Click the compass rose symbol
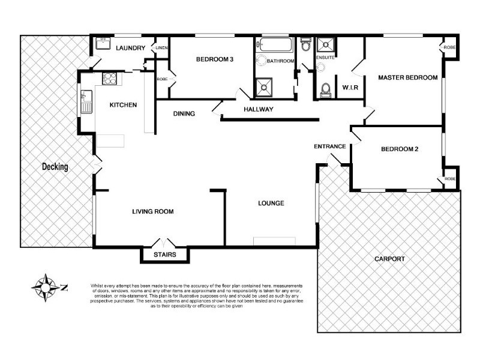[x=45, y=287]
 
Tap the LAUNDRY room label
[x=131, y=48]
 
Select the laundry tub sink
[x=101, y=44]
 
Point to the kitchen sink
[x=86, y=101]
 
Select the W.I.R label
[x=350, y=88]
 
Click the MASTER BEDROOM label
[x=407, y=77]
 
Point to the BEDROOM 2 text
[x=399, y=149]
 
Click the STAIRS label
[x=165, y=255]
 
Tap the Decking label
[x=55, y=167]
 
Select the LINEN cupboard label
[x=161, y=47]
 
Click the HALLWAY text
[x=258, y=109]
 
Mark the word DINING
[x=184, y=113]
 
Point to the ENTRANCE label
[x=329, y=146]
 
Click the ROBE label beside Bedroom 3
[x=161, y=79]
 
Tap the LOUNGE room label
[x=271, y=203]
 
